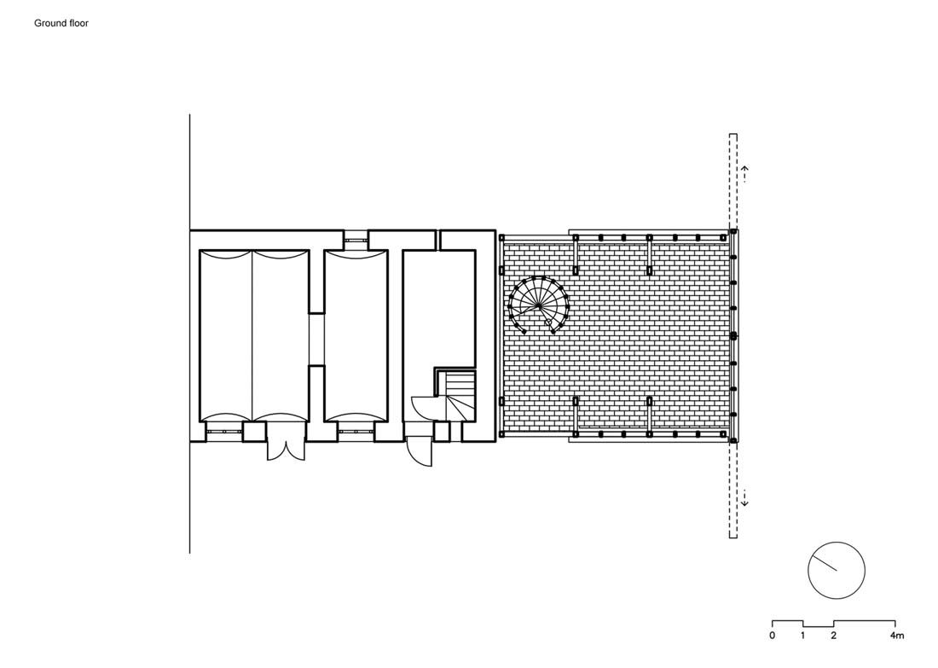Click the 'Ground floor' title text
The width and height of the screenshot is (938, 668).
click(x=61, y=23)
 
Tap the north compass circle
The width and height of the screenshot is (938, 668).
click(x=837, y=571)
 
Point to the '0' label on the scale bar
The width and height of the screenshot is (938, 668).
click(x=772, y=636)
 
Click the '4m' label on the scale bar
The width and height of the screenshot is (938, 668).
click(x=896, y=636)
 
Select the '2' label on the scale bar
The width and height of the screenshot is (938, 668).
click(x=833, y=636)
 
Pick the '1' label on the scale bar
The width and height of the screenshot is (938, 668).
click(x=802, y=636)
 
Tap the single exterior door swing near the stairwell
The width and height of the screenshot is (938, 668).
click(x=420, y=452)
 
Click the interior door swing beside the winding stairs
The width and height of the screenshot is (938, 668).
click(x=426, y=408)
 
